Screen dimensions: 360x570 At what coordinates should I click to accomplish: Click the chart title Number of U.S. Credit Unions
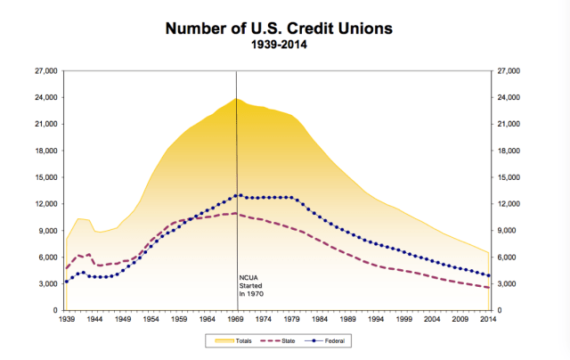coord(277,29)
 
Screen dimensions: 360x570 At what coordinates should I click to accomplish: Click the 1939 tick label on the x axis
coord(66,318)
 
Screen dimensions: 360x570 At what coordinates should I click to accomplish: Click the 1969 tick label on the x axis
coord(237,318)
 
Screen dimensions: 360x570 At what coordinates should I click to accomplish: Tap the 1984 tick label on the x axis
coord(322,318)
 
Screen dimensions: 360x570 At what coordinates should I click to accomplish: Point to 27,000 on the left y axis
coord(45,70)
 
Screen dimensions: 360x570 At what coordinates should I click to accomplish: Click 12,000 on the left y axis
coord(45,204)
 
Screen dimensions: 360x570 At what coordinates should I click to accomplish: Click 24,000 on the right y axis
coord(509,97)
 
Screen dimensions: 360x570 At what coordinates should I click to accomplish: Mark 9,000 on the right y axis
coord(508,231)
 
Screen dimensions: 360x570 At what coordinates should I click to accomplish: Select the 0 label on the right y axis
coord(500,311)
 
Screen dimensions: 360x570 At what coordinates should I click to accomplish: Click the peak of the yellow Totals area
coord(236,99)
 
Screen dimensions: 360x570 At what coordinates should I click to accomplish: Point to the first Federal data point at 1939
coord(66,282)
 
